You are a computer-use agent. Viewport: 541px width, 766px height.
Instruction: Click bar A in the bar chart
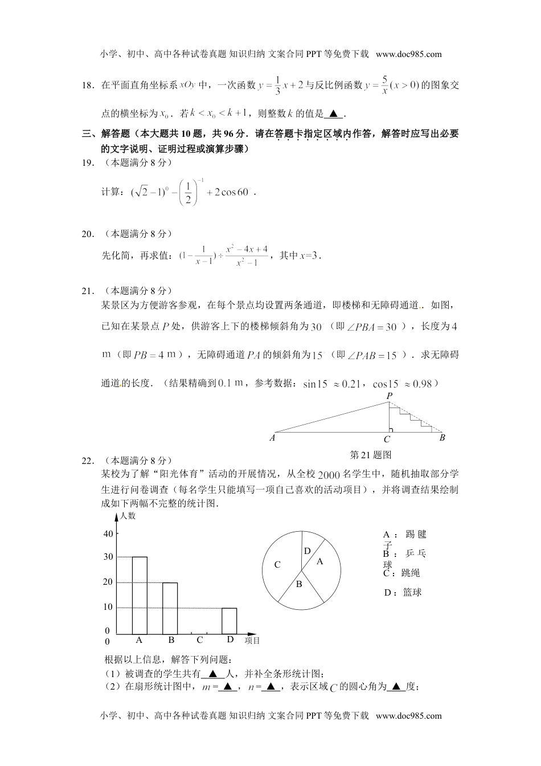click(140, 596)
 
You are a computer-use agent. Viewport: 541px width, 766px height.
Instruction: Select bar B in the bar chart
click(170, 608)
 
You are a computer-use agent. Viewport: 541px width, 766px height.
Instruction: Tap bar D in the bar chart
click(229, 621)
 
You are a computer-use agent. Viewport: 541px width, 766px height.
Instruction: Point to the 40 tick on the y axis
click(108, 533)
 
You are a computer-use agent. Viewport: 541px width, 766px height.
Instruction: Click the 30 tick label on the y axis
click(108, 557)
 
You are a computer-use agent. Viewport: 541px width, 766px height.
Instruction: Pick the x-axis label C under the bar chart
click(200, 640)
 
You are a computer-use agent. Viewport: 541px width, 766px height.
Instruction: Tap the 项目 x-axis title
click(252, 641)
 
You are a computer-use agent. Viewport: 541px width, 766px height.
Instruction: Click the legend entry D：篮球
click(403, 593)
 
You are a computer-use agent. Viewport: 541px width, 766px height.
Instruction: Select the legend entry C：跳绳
click(402, 573)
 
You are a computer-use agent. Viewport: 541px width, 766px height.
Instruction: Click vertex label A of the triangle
click(272, 438)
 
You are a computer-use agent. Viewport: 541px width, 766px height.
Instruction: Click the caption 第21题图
click(371, 454)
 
